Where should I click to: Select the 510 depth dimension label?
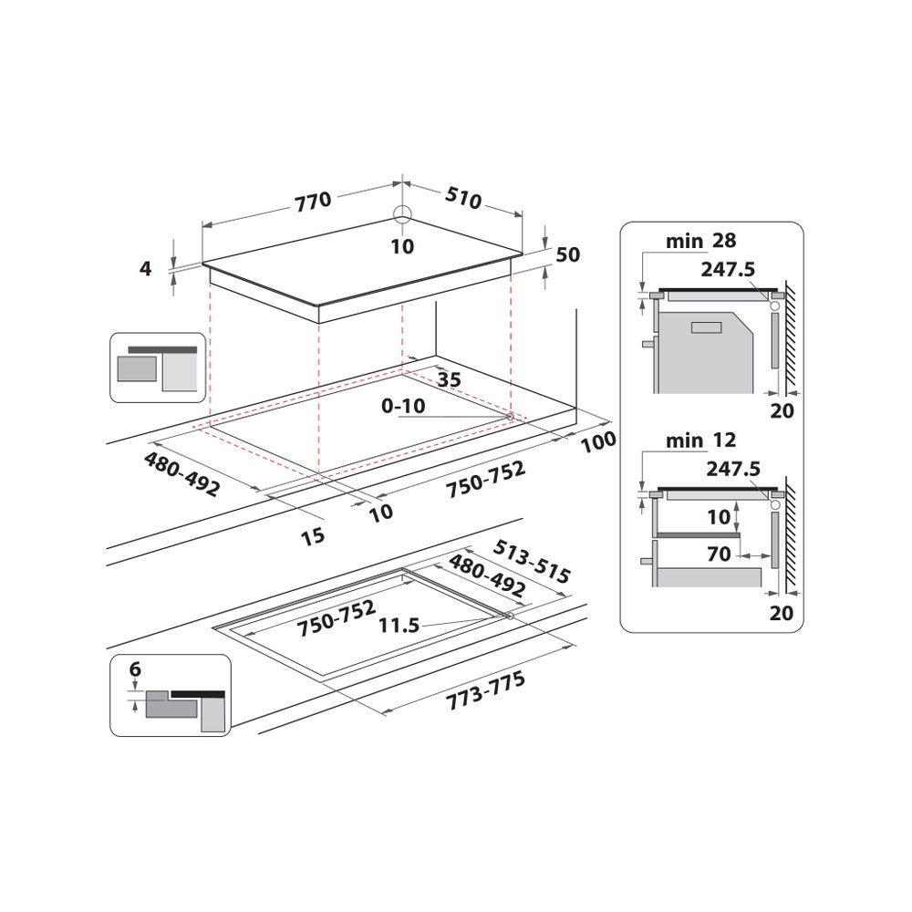click(x=463, y=197)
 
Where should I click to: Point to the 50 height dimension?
click(x=567, y=255)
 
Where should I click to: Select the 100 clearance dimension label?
click(x=598, y=440)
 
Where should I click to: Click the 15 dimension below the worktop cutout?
click(x=313, y=535)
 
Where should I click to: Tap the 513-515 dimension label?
click(x=532, y=562)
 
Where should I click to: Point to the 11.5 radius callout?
click(x=399, y=626)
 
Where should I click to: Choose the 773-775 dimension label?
click(x=486, y=694)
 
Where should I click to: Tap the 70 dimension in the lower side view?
click(x=719, y=554)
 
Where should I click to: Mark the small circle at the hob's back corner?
click(x=402, y=213)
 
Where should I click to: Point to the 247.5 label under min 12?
click(x=731, y=469)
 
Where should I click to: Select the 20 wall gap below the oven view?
click(x=781, y=411)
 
